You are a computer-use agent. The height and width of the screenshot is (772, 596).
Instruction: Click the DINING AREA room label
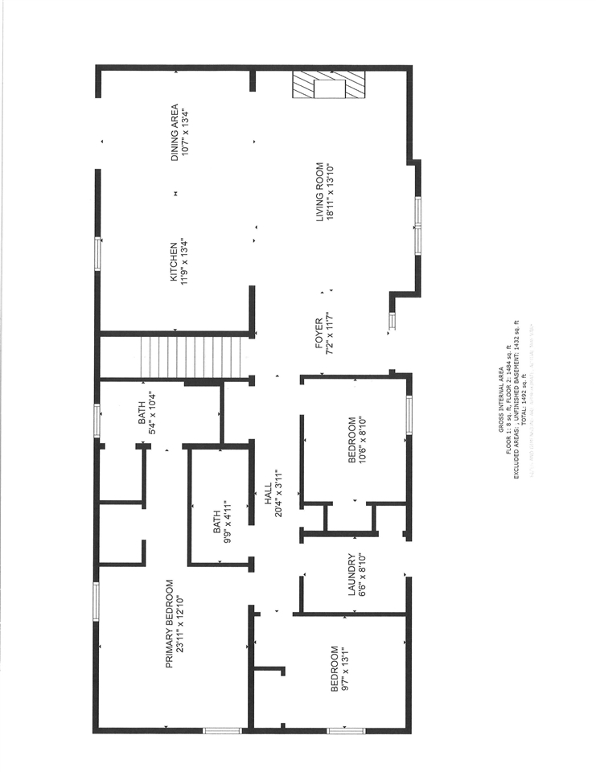pyautogui.click(x=175, y=132)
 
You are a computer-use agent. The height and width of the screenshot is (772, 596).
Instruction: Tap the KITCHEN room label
pyautogui.click(x=173, y=262)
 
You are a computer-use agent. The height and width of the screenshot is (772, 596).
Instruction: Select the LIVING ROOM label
pyautogui.click(x=319, y=191)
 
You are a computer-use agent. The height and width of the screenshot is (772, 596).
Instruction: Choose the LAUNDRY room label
pyautogui.click(x=351, y=575)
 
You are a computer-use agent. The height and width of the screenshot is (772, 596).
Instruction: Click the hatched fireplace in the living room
pyautogui.click(x=328, y=85)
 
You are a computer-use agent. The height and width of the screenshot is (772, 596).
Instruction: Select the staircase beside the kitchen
pyautogui.click(x=191, y=357)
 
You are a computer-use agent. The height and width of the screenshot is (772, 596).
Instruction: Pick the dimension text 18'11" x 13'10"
pyautogui.click(x=330, y=191)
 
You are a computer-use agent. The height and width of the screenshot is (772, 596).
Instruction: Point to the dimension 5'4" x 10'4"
pyautogui.click(x=150, y=413)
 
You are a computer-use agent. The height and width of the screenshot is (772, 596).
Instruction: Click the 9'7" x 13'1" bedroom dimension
pyautogui.click(x=344, y=669)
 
